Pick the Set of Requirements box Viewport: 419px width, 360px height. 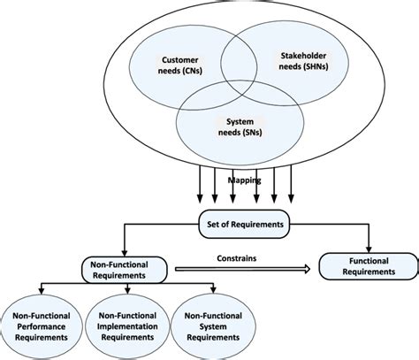[x=240, y=225]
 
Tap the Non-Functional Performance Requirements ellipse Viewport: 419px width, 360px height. [x=42, y=326]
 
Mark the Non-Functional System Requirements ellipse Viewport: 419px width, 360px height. [x=214, y=326]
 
